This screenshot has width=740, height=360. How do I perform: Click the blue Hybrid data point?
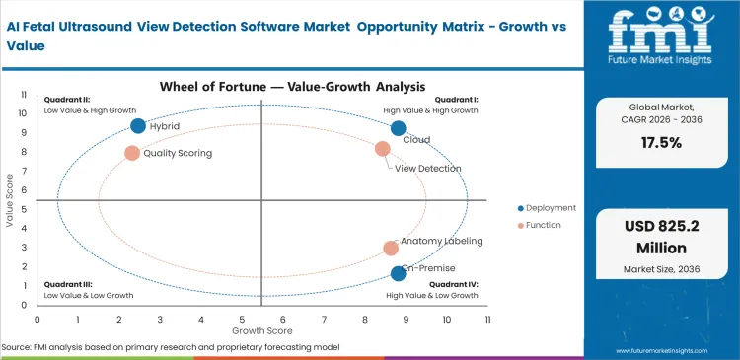tap(138, 125)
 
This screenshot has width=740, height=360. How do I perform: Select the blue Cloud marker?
tap(399, 128)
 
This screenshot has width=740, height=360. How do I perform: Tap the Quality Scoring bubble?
tap(132, 153)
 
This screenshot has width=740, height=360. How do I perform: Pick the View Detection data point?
tap(383, 149)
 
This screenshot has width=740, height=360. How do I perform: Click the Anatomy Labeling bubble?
tap(391, 249)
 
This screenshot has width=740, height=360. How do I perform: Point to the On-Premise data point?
tap(398, 273)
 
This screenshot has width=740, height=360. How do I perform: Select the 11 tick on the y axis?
tap(23, 96)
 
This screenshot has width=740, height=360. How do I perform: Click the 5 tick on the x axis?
tap(242, 320)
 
